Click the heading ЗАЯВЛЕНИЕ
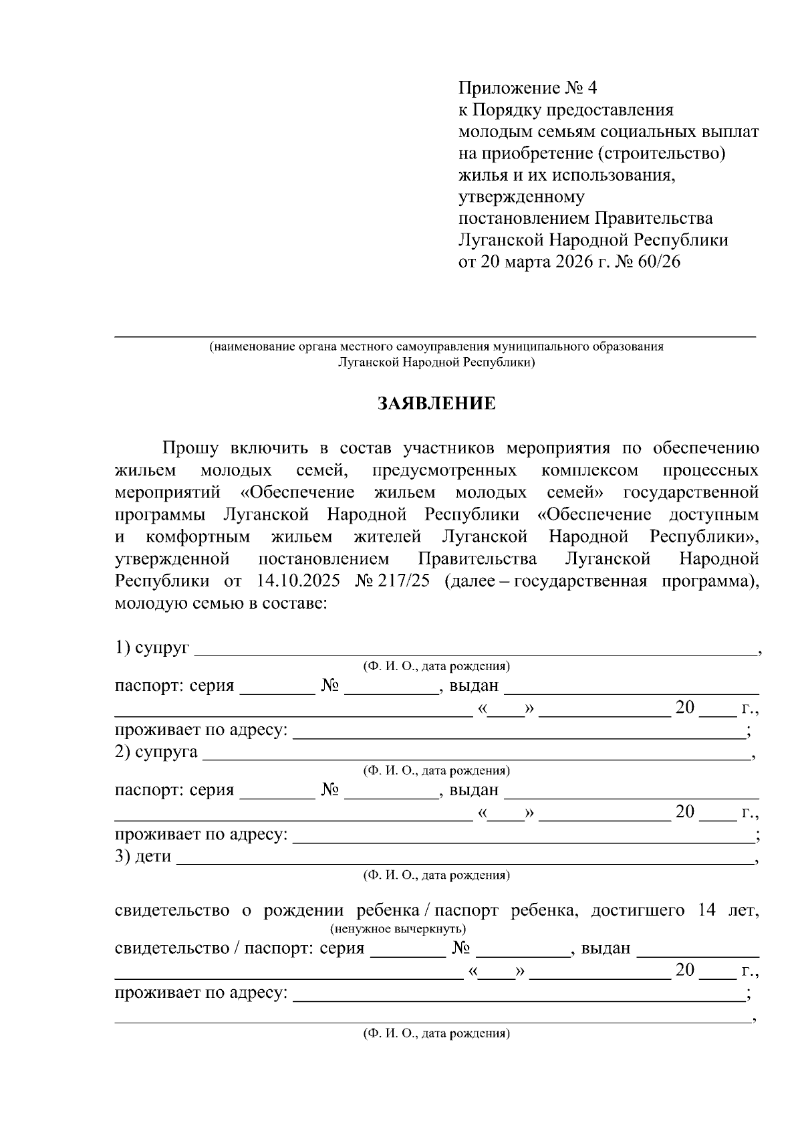pyautogui.click(x=436, y=403)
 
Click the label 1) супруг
pyautogui.click(x=152, y=647)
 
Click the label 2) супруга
pyautogui.click(x=156, y=752)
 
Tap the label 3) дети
pyautogui.click(x=143, y=856)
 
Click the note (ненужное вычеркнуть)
pyautogui.click(x=398, y=929)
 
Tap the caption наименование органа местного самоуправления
pyautogui.click(x=436, y=347)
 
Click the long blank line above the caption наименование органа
pyautogui.click(x=434, y=334)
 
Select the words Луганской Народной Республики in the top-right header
pyautogui.click(x=593, y=240)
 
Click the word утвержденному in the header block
pyautogui.click(x=521, y=197)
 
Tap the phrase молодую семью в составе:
pyautogui.click(x=221, y=603)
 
